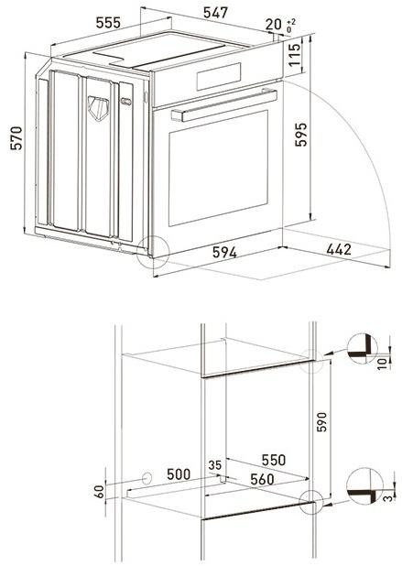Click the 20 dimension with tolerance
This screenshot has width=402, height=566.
[x=272, y=24]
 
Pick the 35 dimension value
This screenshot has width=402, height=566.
[x=215, y=464]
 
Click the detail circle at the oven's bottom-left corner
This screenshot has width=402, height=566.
[x=150, y=252]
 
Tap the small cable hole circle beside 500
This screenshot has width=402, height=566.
[x=147, y=477]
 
